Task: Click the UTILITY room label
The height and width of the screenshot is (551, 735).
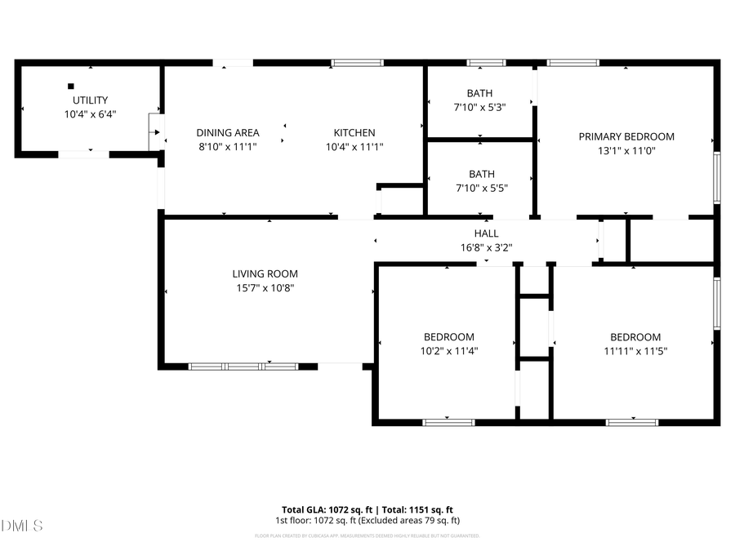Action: tap(90, 101)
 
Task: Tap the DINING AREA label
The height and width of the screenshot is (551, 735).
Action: tap(228, 133)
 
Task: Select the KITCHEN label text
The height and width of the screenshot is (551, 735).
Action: tap(354, 133)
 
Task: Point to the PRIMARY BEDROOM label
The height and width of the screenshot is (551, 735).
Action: tap(626, 136)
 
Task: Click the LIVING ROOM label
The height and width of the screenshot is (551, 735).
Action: tap(265, 273)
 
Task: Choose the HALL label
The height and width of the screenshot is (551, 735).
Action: tap(486, 233)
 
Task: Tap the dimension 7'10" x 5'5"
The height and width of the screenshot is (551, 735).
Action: tap(481, 188)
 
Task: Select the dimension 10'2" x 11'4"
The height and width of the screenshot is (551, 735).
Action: tap(448, 351)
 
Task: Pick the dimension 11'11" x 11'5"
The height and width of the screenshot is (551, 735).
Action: tap(635, 351)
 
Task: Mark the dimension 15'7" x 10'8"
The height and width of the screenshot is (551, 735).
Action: tap(265, 287)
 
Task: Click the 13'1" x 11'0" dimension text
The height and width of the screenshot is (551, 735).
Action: tap(626, 150)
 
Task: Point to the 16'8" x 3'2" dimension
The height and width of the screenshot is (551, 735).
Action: tap(486, 247)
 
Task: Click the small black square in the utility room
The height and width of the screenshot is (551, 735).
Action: tap(71, 86)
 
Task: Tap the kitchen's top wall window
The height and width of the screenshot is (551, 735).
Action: tap(357, 63)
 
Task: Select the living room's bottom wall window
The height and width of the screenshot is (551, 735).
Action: tap(243, 367)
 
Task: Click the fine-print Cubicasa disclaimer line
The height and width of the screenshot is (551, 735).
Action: tap(367, 536)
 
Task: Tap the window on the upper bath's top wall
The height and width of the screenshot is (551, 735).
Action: tap(486, 63)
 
